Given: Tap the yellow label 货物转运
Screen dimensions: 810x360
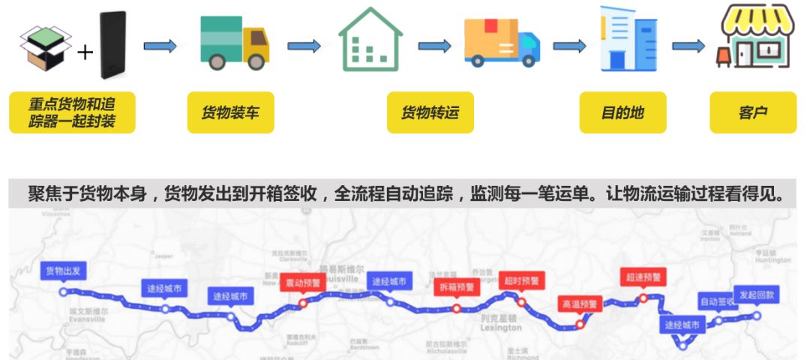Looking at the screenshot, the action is click(x=430, y=113).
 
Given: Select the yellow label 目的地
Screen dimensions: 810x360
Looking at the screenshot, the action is click(x=622, y=113).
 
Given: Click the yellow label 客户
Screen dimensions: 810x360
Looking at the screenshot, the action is click(x=752, y=113).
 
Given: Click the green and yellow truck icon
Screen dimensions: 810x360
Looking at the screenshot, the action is click(x=234, y=43).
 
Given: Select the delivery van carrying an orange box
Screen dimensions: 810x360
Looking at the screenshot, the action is click(x=501, y=42).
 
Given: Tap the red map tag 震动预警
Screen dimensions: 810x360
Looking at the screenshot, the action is click(x=302, y=283).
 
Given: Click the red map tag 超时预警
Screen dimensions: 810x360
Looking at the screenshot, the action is click(x=520, y=280).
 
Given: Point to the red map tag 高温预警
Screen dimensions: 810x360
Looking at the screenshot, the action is click(x=580, y=304).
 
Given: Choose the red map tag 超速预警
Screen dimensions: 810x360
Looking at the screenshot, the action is click(x=643, y=277).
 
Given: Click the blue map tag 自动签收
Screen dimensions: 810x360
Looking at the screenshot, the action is click(x=718, y=301).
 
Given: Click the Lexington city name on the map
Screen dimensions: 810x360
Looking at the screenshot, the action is click(x=500, y=328).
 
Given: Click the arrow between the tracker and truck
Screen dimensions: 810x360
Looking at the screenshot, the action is click(x=160, y=46).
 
